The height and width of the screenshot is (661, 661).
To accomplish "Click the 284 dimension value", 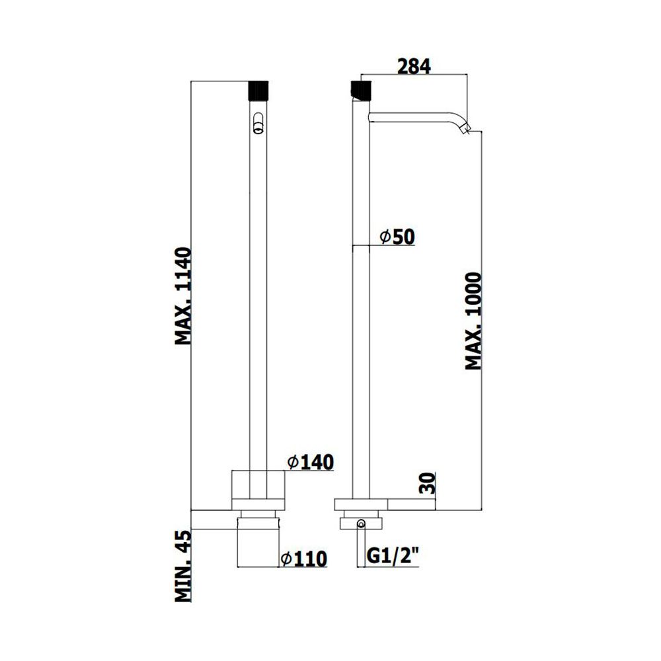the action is tap(414, 67).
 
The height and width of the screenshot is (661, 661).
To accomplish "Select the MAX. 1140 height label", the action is tap(183, 296).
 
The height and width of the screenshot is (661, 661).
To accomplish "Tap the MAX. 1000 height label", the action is tap(473, 321).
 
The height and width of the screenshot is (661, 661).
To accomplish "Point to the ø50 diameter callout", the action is tap(397, 237).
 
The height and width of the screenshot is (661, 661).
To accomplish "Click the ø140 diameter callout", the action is tap(311, 462).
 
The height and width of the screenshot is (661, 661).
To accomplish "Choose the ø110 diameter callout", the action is tap(304, 559).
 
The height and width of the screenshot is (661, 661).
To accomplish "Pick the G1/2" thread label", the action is tap(393, 557).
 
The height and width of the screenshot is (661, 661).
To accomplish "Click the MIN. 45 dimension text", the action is tap(183, 566).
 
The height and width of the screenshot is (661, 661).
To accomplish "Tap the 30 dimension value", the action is tap(427, 483).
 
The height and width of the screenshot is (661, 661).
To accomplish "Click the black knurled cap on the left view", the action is tap(259, 90).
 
